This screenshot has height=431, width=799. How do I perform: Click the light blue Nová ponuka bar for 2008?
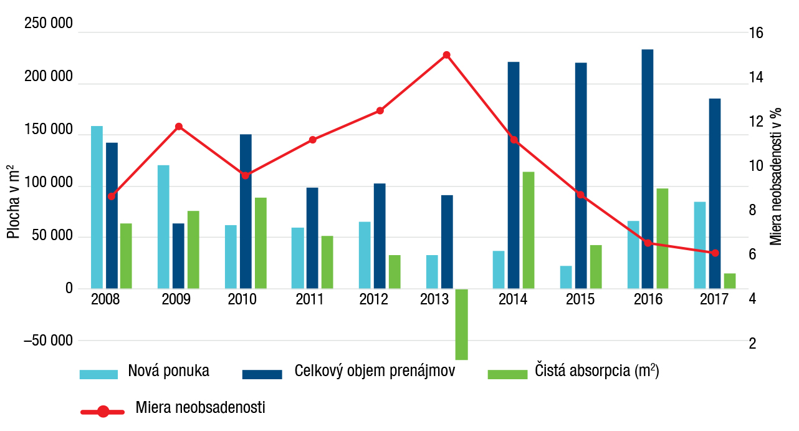tap(97, 207)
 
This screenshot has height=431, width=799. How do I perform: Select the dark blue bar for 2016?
tap(648, 168)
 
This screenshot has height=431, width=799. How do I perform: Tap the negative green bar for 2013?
tap(461, 324)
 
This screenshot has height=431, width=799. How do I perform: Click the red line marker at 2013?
tap(446, 55)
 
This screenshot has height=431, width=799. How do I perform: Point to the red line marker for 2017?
tap(715, 253)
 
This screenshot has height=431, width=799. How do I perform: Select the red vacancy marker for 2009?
tap(178, 127)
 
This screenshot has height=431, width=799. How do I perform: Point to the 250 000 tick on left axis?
tap(48, 24)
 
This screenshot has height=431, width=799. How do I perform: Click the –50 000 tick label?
tap(48, 341)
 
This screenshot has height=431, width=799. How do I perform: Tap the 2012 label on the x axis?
tap(373, 299)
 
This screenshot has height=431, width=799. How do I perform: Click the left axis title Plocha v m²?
tap(13, 201)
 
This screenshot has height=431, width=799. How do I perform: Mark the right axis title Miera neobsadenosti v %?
tap(776, 176)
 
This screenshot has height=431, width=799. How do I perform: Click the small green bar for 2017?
tap(729, 281)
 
